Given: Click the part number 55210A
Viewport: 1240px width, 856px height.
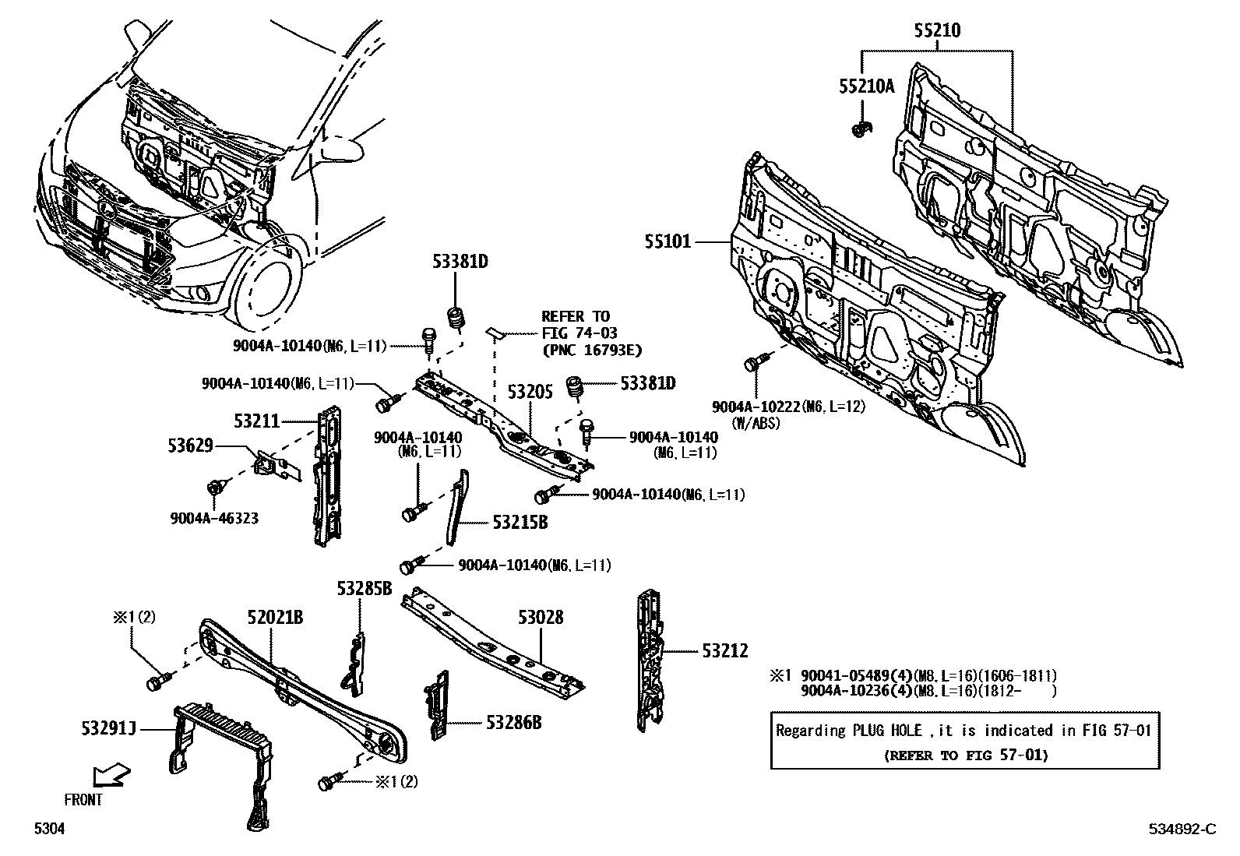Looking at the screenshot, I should [x=866, y=86].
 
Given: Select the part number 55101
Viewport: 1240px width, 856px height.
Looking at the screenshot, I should [x=668, y=242].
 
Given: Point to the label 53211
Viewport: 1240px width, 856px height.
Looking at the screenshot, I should [x=256, y=421].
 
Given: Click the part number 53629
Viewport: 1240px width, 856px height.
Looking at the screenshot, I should [x=190, y=446].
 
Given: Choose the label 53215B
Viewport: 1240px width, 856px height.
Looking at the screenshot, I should [x=520, y=523].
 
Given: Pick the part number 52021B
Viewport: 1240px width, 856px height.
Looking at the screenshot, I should [x=275, y=618].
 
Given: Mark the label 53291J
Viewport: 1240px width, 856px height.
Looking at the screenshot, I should [x=108, y=729].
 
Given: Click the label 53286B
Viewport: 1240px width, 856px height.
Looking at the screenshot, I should [x=513, y=723].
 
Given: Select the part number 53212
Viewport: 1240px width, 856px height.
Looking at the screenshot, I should [x=724, y=650].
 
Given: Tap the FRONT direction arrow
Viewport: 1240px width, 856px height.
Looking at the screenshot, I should [x=110, y=776].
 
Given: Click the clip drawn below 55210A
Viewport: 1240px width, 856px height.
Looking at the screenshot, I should [x=860, y=130].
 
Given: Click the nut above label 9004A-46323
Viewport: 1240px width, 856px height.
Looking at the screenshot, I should [x=215, y=488].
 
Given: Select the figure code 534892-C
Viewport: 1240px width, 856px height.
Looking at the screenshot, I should [x=1181, y=830].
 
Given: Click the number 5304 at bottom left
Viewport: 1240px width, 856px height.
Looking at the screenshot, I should [x=48, y=830].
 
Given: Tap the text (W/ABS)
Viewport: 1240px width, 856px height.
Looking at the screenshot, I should [x=755, y=423].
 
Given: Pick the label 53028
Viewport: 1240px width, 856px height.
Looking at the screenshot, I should [x=540, y=618].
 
